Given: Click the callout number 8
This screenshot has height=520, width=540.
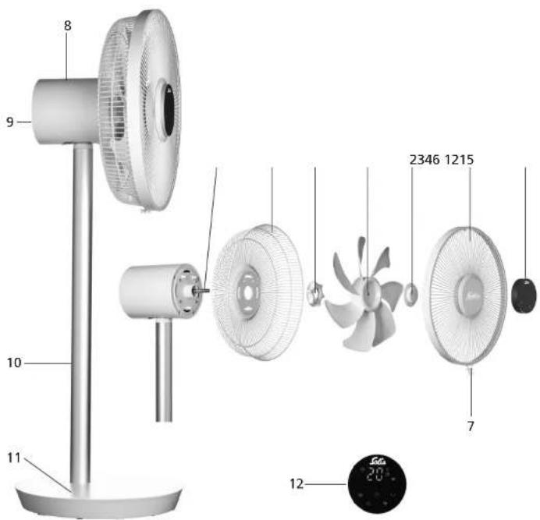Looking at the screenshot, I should [x=67, y=25].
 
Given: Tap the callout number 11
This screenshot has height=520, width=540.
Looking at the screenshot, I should [x=13, y=458].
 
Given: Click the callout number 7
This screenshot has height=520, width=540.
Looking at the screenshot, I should [x=471, y=426].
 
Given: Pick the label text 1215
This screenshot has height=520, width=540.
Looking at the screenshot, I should [x=460, y=160].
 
